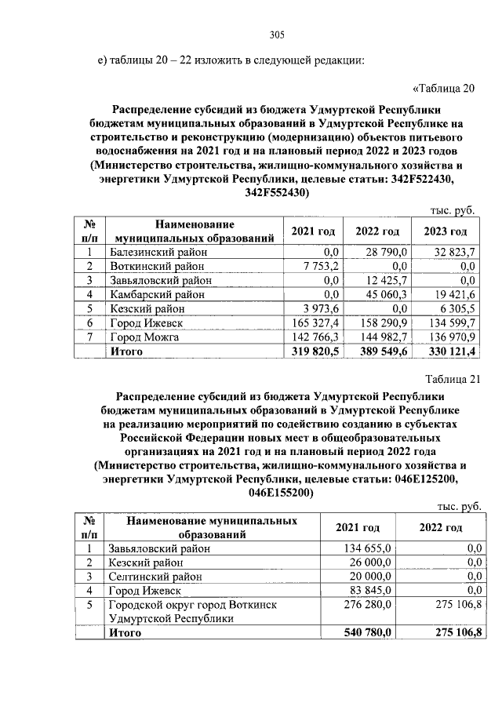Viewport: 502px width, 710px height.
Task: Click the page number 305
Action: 276,34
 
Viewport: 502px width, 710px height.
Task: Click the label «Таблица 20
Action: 444,87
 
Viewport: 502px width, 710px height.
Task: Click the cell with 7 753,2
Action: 318,266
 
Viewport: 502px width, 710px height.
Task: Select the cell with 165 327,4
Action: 313,322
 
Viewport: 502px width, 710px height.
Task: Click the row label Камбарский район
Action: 156,294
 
